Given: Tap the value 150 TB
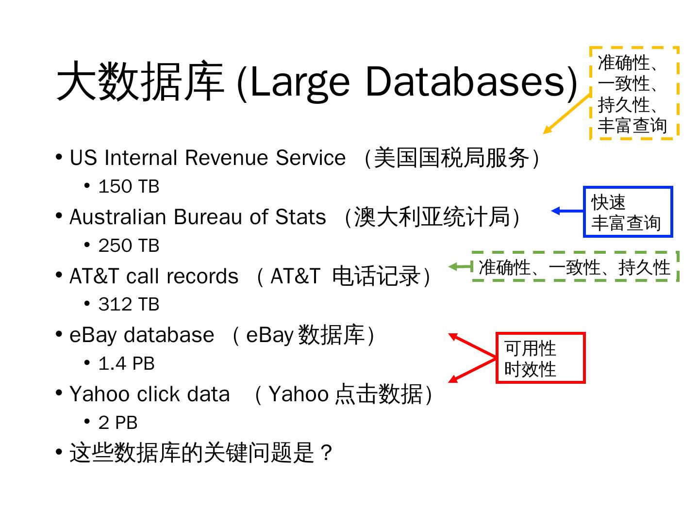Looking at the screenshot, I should (x=129, y=187).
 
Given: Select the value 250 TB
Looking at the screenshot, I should (x=129, y=246).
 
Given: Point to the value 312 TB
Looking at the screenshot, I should (x=129, y=305).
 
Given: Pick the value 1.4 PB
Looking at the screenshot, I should (x=126, y=363).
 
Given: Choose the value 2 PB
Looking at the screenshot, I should (x=118, y=423).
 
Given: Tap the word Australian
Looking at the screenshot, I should (x=118, y=217).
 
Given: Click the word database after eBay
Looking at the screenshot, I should (x=169, y=335).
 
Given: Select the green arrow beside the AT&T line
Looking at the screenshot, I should (x=460, y=266).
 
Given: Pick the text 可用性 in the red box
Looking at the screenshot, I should (x=530, y=348).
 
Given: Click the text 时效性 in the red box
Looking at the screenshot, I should (x=530, y=369).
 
